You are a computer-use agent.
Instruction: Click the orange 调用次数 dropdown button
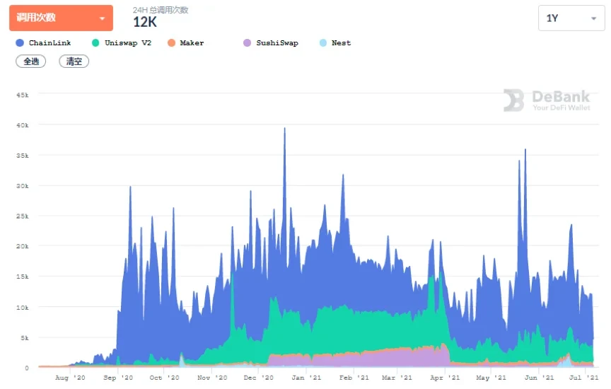[61, 18]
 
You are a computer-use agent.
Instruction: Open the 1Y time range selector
[571, 18]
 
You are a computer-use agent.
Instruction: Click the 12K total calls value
[145, 23]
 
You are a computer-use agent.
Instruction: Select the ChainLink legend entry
[44, 43]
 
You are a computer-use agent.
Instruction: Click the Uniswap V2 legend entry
[122, 43]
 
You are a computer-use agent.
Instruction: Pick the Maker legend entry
[186, 43]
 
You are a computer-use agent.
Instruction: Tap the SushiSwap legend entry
[271, 43]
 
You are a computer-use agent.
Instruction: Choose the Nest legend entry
[336, 43]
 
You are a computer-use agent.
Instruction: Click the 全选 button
[31, 62]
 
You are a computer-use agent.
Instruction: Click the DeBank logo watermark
[547, 100]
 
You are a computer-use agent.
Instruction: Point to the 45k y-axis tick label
[22, 94]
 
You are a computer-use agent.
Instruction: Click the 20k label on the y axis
[22, 246]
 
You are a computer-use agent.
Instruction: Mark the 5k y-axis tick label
[24, 337]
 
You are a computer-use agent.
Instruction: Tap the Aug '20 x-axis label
[70, 378]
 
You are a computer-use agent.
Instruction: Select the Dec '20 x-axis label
[258, 378]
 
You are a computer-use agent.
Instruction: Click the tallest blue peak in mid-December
[284, 131]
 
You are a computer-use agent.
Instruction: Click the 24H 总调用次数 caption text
[161, 10]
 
